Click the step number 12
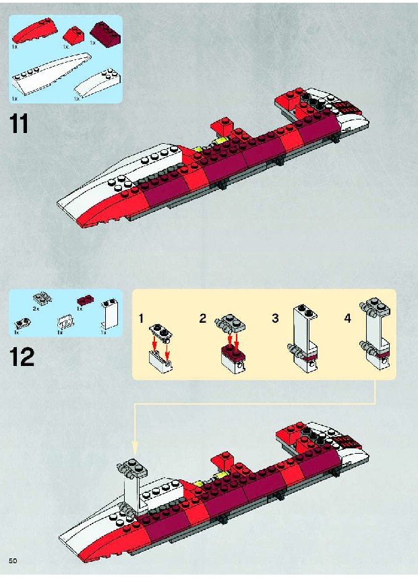22,357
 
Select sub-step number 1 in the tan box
142,318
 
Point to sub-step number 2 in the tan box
202,318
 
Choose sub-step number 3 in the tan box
275,318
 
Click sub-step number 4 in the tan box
348,318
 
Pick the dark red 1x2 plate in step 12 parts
86,300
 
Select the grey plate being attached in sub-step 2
230,323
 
